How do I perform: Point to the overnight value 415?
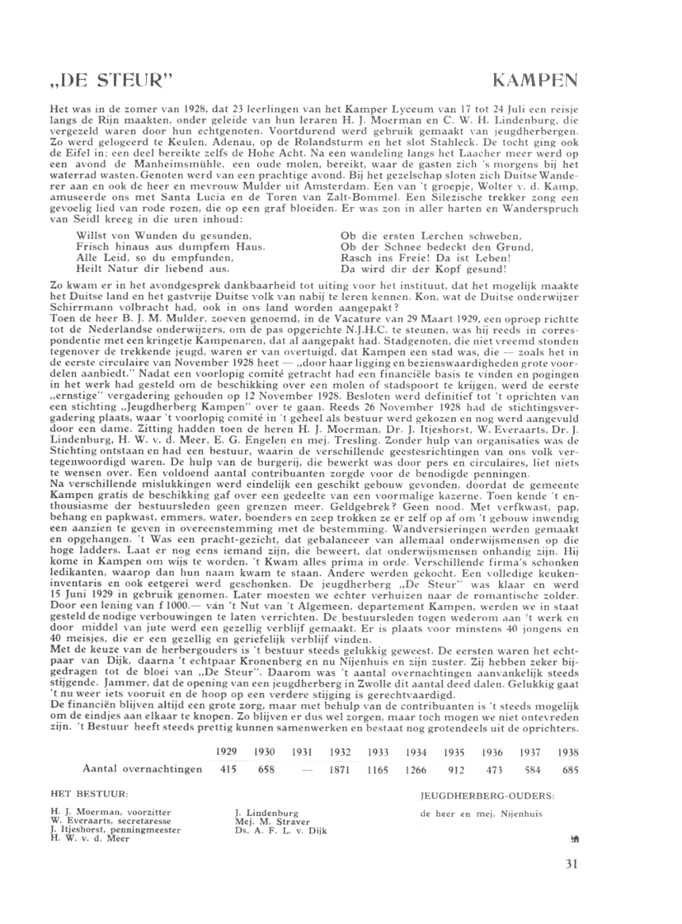click(229, 769)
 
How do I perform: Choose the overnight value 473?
click(496, 769)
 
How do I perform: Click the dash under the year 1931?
click(305, 769)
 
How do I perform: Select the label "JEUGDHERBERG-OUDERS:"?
click(487, 792)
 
